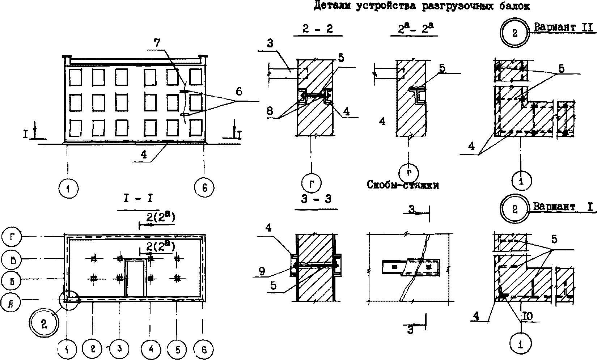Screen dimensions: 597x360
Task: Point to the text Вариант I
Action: click(x=563, y=207)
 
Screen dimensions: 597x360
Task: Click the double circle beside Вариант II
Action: click(x=515, y=33)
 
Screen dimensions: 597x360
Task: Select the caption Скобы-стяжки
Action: click(x=403, y=186)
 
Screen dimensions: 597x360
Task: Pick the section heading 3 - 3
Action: click(x=316, y=199)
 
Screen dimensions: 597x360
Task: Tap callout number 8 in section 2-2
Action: click(x=270, y=111)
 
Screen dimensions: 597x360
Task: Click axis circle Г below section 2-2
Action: click(x=312, y=183)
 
